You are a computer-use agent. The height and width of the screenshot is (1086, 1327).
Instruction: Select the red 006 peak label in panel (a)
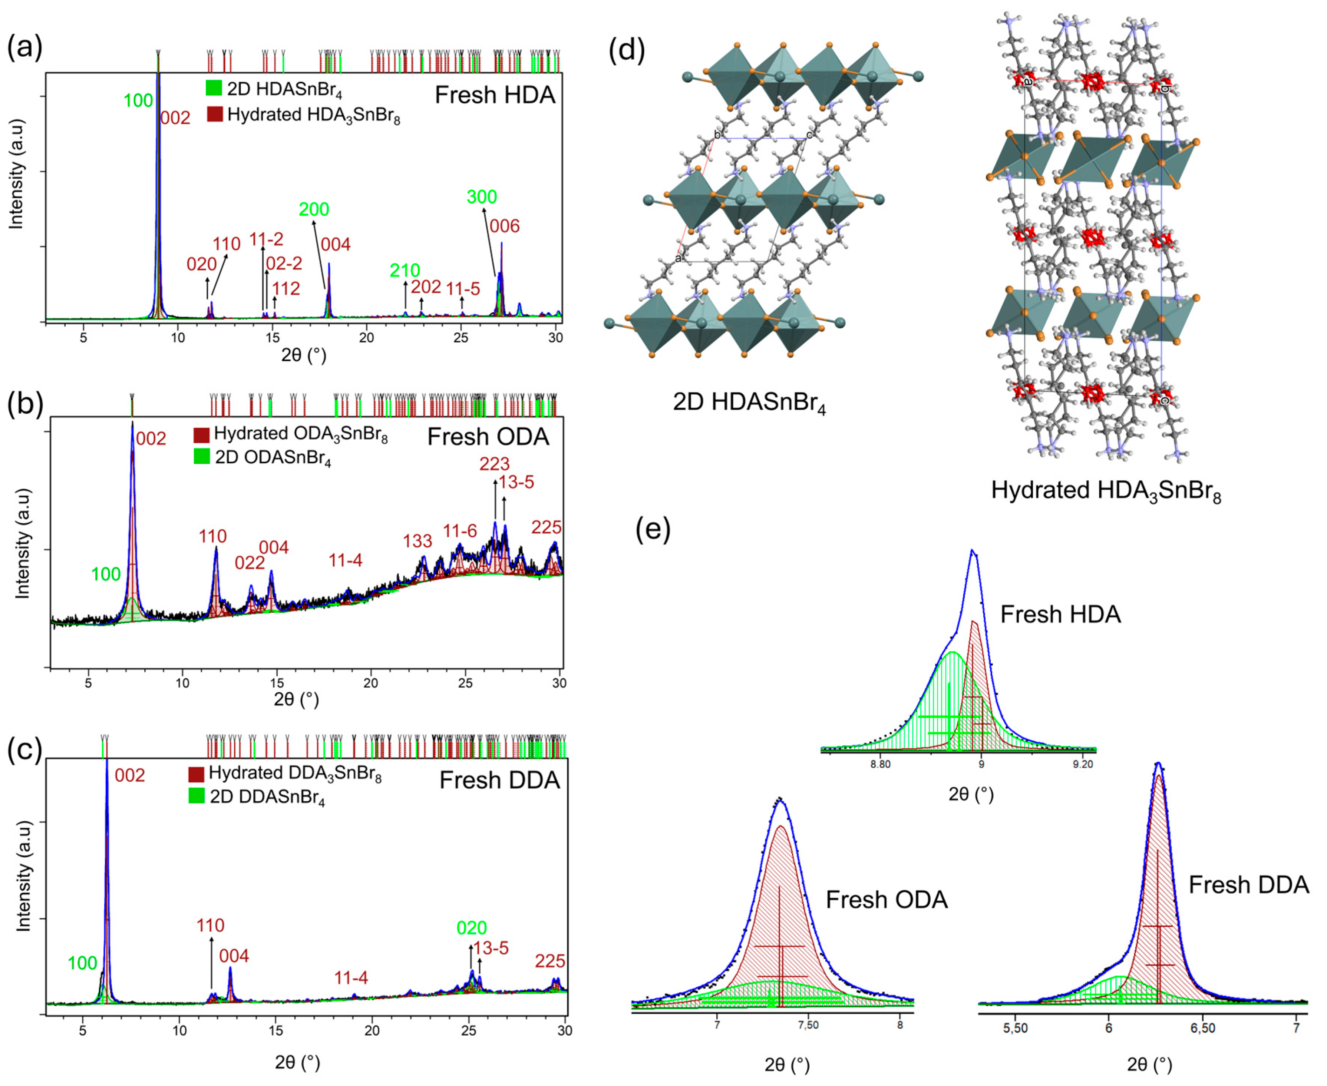pyautogui.click(x=504, y=226)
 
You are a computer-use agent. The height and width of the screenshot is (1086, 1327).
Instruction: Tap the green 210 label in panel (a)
pyautogui.click(x=405, y=271)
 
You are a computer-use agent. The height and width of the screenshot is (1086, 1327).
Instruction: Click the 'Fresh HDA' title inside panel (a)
pyautogui.click(x=495, y=95)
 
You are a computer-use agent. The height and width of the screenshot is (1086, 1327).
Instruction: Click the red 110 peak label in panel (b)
pyautogui.click(x=213, y=536)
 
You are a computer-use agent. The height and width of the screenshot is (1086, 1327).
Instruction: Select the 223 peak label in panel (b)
pyautogui.click(x=494, y=464)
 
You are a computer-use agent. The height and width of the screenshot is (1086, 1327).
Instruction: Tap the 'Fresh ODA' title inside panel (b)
pyautogui.click(x=488, y=437)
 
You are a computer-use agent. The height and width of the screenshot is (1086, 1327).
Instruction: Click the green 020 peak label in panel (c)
pyautogui.click(x=471, y=928)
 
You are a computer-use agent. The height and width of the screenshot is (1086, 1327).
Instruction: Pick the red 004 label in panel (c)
pyautogui.click(x=234, y=956)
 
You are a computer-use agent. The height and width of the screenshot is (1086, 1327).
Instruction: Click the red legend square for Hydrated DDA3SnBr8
pyautogui.click(x=197, y=774)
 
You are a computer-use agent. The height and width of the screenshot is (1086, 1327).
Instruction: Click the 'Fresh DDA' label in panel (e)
pyautogui.click(x=1248, y=885)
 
